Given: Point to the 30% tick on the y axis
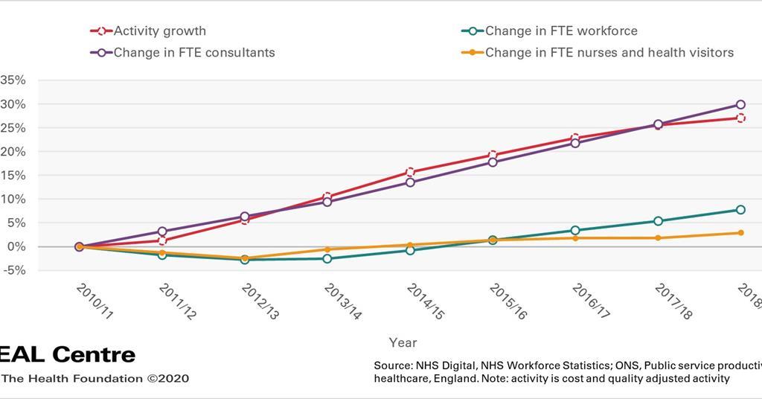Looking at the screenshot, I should (13, 104).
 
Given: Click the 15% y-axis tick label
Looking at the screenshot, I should (13, 176).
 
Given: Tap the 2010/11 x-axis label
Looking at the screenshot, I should (94, 301).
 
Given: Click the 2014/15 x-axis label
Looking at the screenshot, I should (425, 301).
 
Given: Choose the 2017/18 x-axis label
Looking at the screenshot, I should (673, 301).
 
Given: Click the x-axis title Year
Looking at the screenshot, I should (403, 342).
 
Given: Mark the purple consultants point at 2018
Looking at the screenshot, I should (740, 105).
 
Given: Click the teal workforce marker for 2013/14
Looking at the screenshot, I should (327, 258).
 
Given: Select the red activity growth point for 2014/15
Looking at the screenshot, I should (410, 172).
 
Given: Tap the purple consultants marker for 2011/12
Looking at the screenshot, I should (162, 232).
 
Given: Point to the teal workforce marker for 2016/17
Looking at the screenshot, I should (575, 231).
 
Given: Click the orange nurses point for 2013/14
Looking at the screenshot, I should (327, 249).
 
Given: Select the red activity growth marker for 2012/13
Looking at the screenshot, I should (245, 220).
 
